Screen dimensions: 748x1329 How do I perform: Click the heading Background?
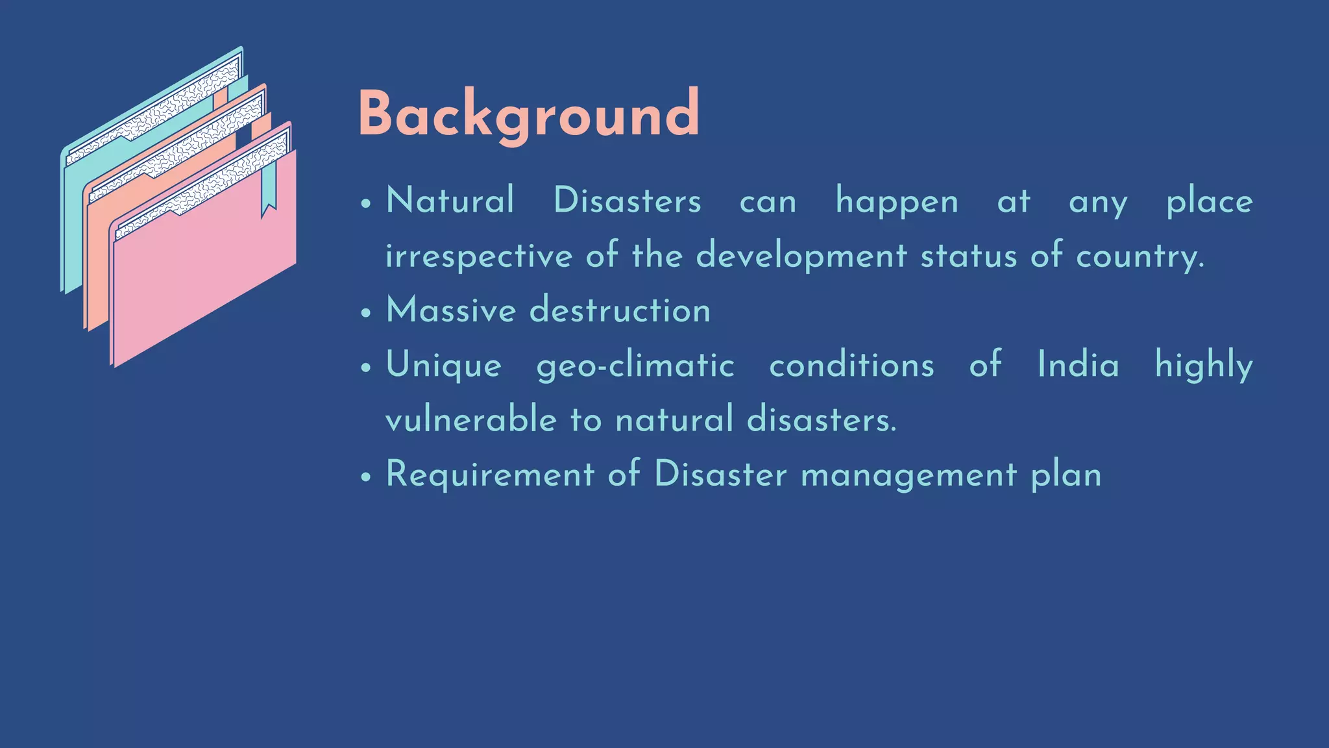[528, 114]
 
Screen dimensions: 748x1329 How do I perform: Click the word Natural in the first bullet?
[450, 201]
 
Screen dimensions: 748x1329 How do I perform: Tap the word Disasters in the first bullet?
[627, 201]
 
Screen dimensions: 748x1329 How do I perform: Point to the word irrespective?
[478, 256]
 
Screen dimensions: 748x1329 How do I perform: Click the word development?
[801, 256]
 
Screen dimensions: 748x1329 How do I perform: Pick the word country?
[1140, 256]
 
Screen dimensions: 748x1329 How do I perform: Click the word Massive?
[450, 310]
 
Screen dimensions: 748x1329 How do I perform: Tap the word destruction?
[620, 310]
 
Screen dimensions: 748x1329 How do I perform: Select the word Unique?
[444, 365]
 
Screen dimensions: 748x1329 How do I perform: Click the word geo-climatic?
[635, 365]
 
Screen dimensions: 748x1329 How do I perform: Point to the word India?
[1078, 364]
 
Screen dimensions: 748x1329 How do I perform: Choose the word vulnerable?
[471, 419]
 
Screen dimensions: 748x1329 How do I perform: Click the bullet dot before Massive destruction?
[366, 312]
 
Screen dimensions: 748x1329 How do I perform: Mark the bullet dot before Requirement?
[366, 477]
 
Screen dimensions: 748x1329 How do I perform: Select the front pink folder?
[208, 273]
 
